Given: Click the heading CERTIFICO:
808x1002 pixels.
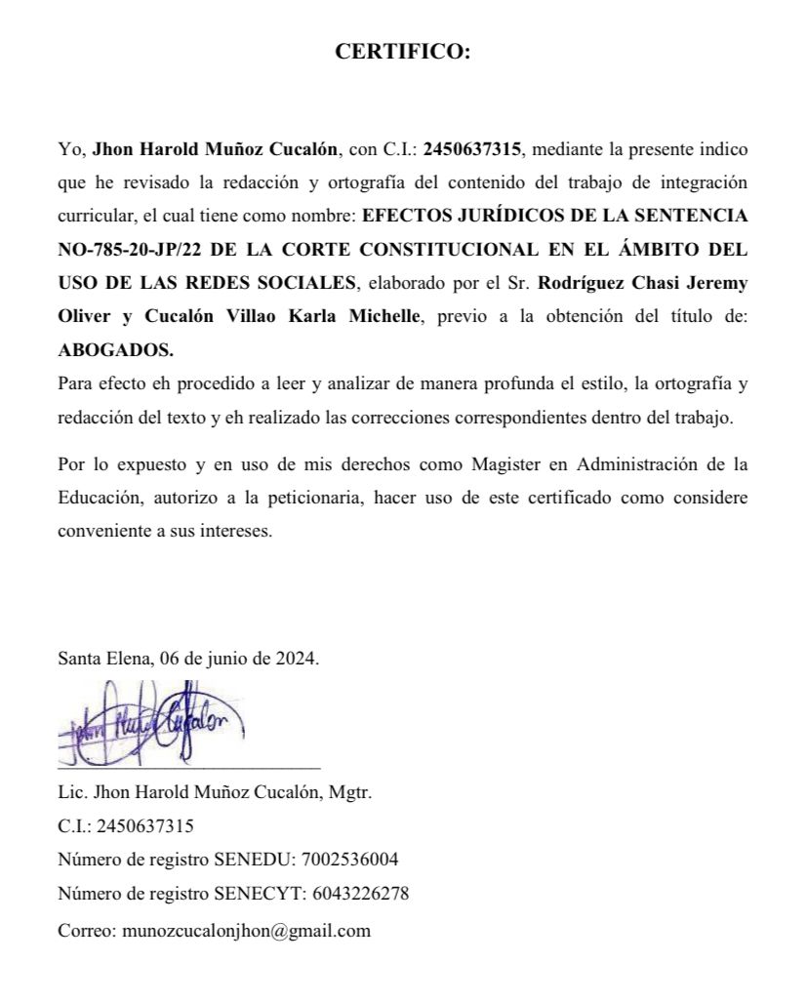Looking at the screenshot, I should tap(403, 53).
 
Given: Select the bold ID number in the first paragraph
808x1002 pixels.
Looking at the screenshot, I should tap(473, 150).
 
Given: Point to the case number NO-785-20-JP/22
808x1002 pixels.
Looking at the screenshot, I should tap(130, 250).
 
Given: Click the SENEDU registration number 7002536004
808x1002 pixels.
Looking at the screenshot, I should tap(350, 860).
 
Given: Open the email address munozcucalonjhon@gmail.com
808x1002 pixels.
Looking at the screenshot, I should tap(246, 930).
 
